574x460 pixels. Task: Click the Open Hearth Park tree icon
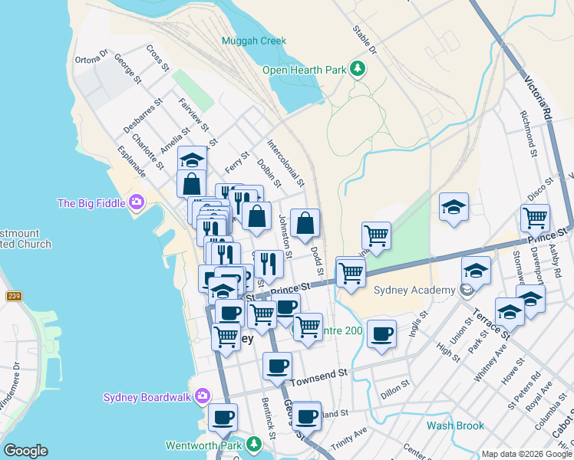pos(357,70)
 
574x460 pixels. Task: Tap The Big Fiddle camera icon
pos(137,203)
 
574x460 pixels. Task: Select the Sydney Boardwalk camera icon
pos(203,396)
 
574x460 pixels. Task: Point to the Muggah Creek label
pos(253,41)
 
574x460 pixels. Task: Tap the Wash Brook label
pos(456,426)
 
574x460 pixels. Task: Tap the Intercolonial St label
pos(285,163)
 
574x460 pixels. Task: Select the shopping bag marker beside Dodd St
pos(305,224)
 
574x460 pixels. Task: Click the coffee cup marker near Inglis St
pos(381,333)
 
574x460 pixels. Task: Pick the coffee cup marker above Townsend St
pos(277,366)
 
